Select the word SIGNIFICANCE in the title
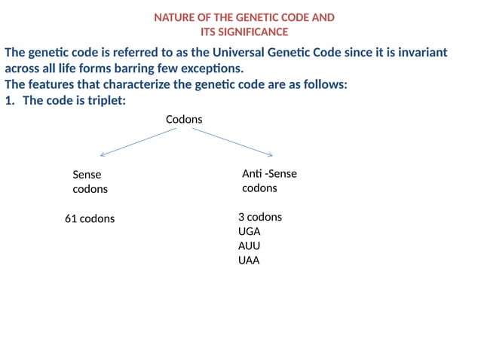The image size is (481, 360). [253, 32]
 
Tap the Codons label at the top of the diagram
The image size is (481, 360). [184, 120]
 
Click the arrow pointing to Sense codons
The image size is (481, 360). [137, 142]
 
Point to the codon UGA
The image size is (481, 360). [249, 231]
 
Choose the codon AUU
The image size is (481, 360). [249, 246]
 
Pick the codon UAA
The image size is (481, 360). [249, 261]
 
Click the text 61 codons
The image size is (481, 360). [90, 218]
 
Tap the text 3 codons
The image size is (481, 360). [260, 217]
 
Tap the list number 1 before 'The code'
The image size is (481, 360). [9, 100]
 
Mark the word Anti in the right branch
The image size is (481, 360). [251, 174]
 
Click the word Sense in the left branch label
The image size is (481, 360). [87, 175]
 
